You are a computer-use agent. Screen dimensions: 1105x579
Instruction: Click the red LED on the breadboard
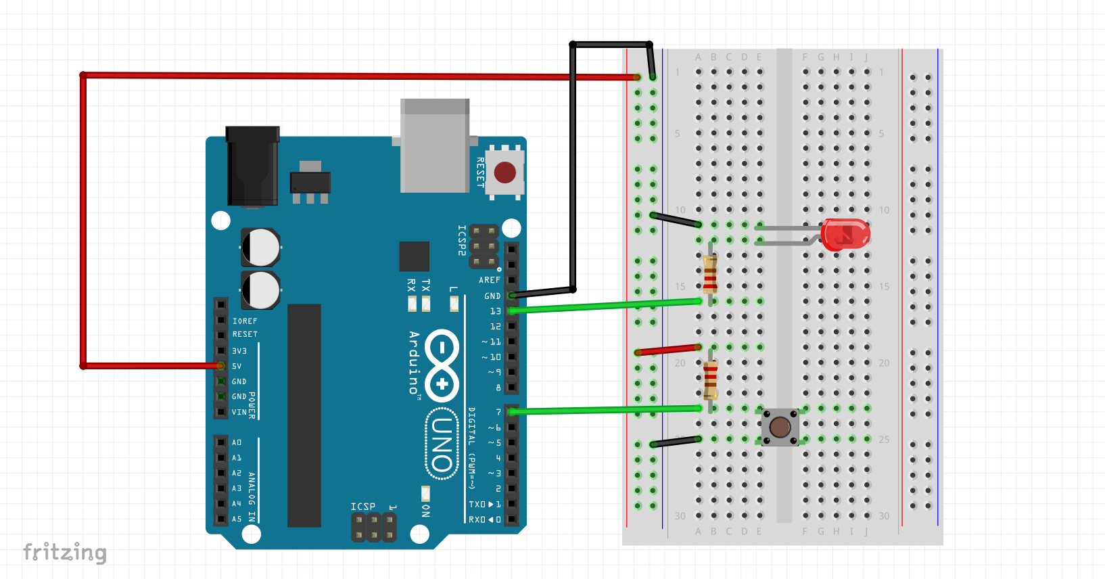tap(845, 235)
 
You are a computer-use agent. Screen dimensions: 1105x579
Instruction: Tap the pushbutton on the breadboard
tap(780, 427)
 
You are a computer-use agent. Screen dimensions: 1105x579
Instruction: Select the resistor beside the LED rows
tap(710, 274)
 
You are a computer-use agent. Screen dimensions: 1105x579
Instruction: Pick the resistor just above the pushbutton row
tap(710, 380)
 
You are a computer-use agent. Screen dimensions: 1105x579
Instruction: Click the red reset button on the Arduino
tap(504, 172)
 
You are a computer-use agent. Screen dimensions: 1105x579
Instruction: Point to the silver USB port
tap(435, 145)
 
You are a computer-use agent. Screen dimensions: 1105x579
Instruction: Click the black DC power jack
tap(252, 165)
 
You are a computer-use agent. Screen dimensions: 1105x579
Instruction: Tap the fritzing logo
tap(65, 553)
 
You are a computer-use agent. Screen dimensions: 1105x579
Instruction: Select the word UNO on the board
tap(442, 444)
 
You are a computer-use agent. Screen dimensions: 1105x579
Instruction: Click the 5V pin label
tap(237, 366)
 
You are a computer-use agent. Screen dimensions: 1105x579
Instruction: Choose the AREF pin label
tap(490, 280)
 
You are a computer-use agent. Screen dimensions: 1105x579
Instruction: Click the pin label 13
tap(495, 311)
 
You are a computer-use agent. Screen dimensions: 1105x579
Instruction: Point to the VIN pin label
tap(239, 412)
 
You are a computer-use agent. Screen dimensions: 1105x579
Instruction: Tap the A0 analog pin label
tap(237, 442)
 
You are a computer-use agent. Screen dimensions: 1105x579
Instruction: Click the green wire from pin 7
tap(605, 410)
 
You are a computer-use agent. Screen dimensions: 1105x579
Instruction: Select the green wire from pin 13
tap(605, 306)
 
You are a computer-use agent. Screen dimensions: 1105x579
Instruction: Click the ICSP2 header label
tap(462, 240)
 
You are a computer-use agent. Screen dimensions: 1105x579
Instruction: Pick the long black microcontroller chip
tap(304, 415)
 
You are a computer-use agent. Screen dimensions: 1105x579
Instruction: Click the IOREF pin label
tap(245, 321)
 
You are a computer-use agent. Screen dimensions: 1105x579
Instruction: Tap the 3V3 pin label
tap(239, 351)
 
